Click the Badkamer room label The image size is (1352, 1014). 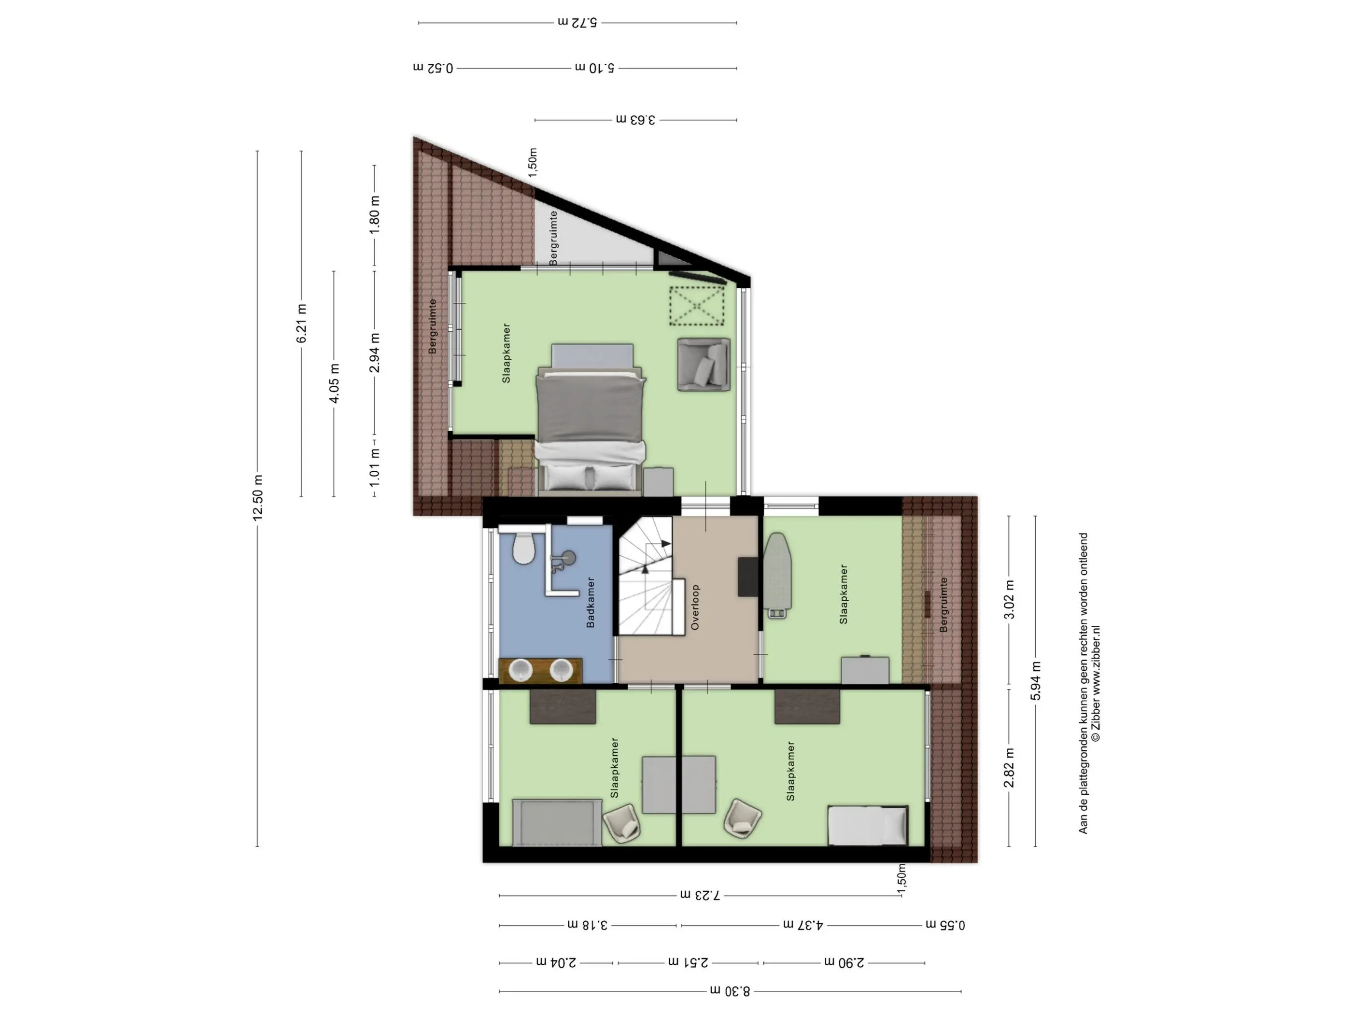tap(591, 602)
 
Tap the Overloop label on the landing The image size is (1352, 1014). tap(695, 607)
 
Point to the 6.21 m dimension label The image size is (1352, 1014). tap(302, 323)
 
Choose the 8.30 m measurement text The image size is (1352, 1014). tap(730, 991)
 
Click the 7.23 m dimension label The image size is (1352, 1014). tap(701, 895)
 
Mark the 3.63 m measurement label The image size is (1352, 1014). tap(635, 120)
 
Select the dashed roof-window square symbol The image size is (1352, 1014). tap(697, 306)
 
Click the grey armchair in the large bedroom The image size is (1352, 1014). tap(704, 365)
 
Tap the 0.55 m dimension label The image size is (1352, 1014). tap(945, 925)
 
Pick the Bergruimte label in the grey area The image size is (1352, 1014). tap(553, 239)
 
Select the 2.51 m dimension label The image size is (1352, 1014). tap(688, 962)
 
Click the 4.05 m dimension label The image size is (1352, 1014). tap(334, 383)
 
